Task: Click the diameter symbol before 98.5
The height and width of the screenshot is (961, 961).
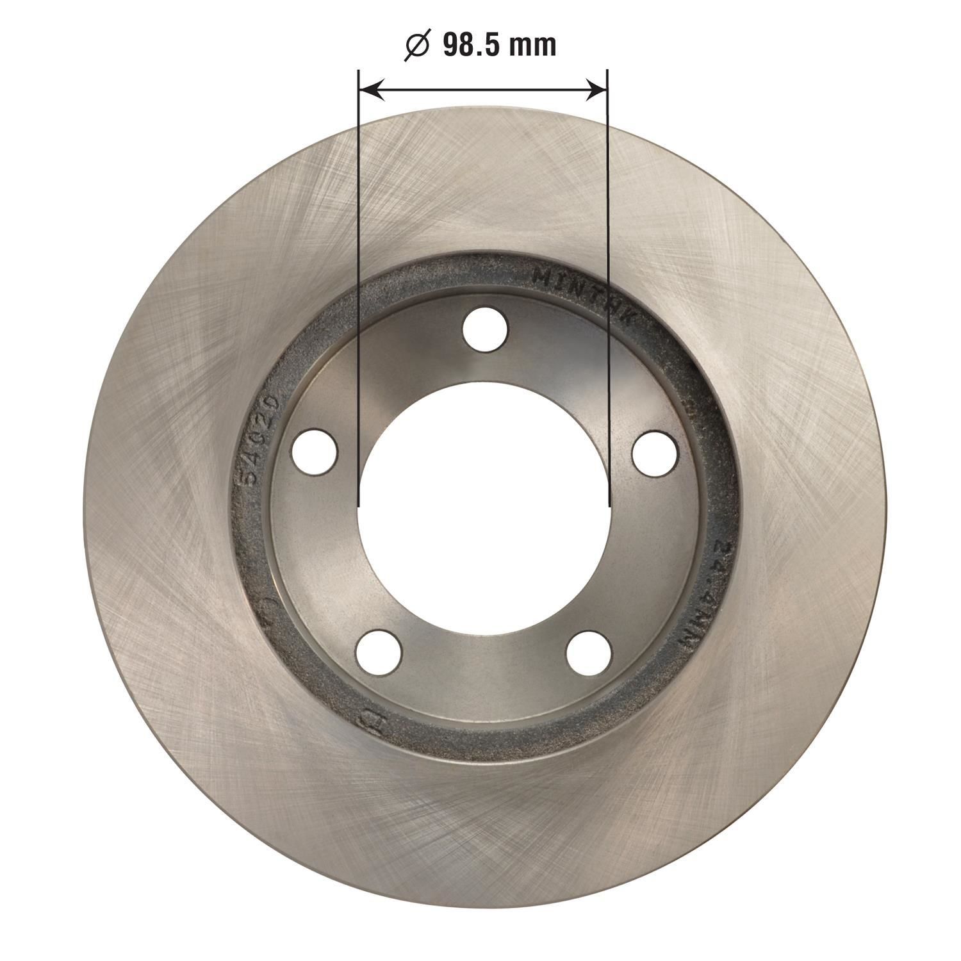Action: [x=417, y=46]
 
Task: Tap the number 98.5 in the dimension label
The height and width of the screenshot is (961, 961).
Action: [x=472, y=46]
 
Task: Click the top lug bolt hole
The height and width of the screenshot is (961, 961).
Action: [x=485, y=329]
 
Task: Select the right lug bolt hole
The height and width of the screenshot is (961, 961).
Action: [x=655, y=453]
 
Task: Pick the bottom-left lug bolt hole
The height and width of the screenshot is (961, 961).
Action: [x=379, y=653]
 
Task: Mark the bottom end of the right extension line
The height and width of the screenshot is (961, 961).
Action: [x=607, y=504]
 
